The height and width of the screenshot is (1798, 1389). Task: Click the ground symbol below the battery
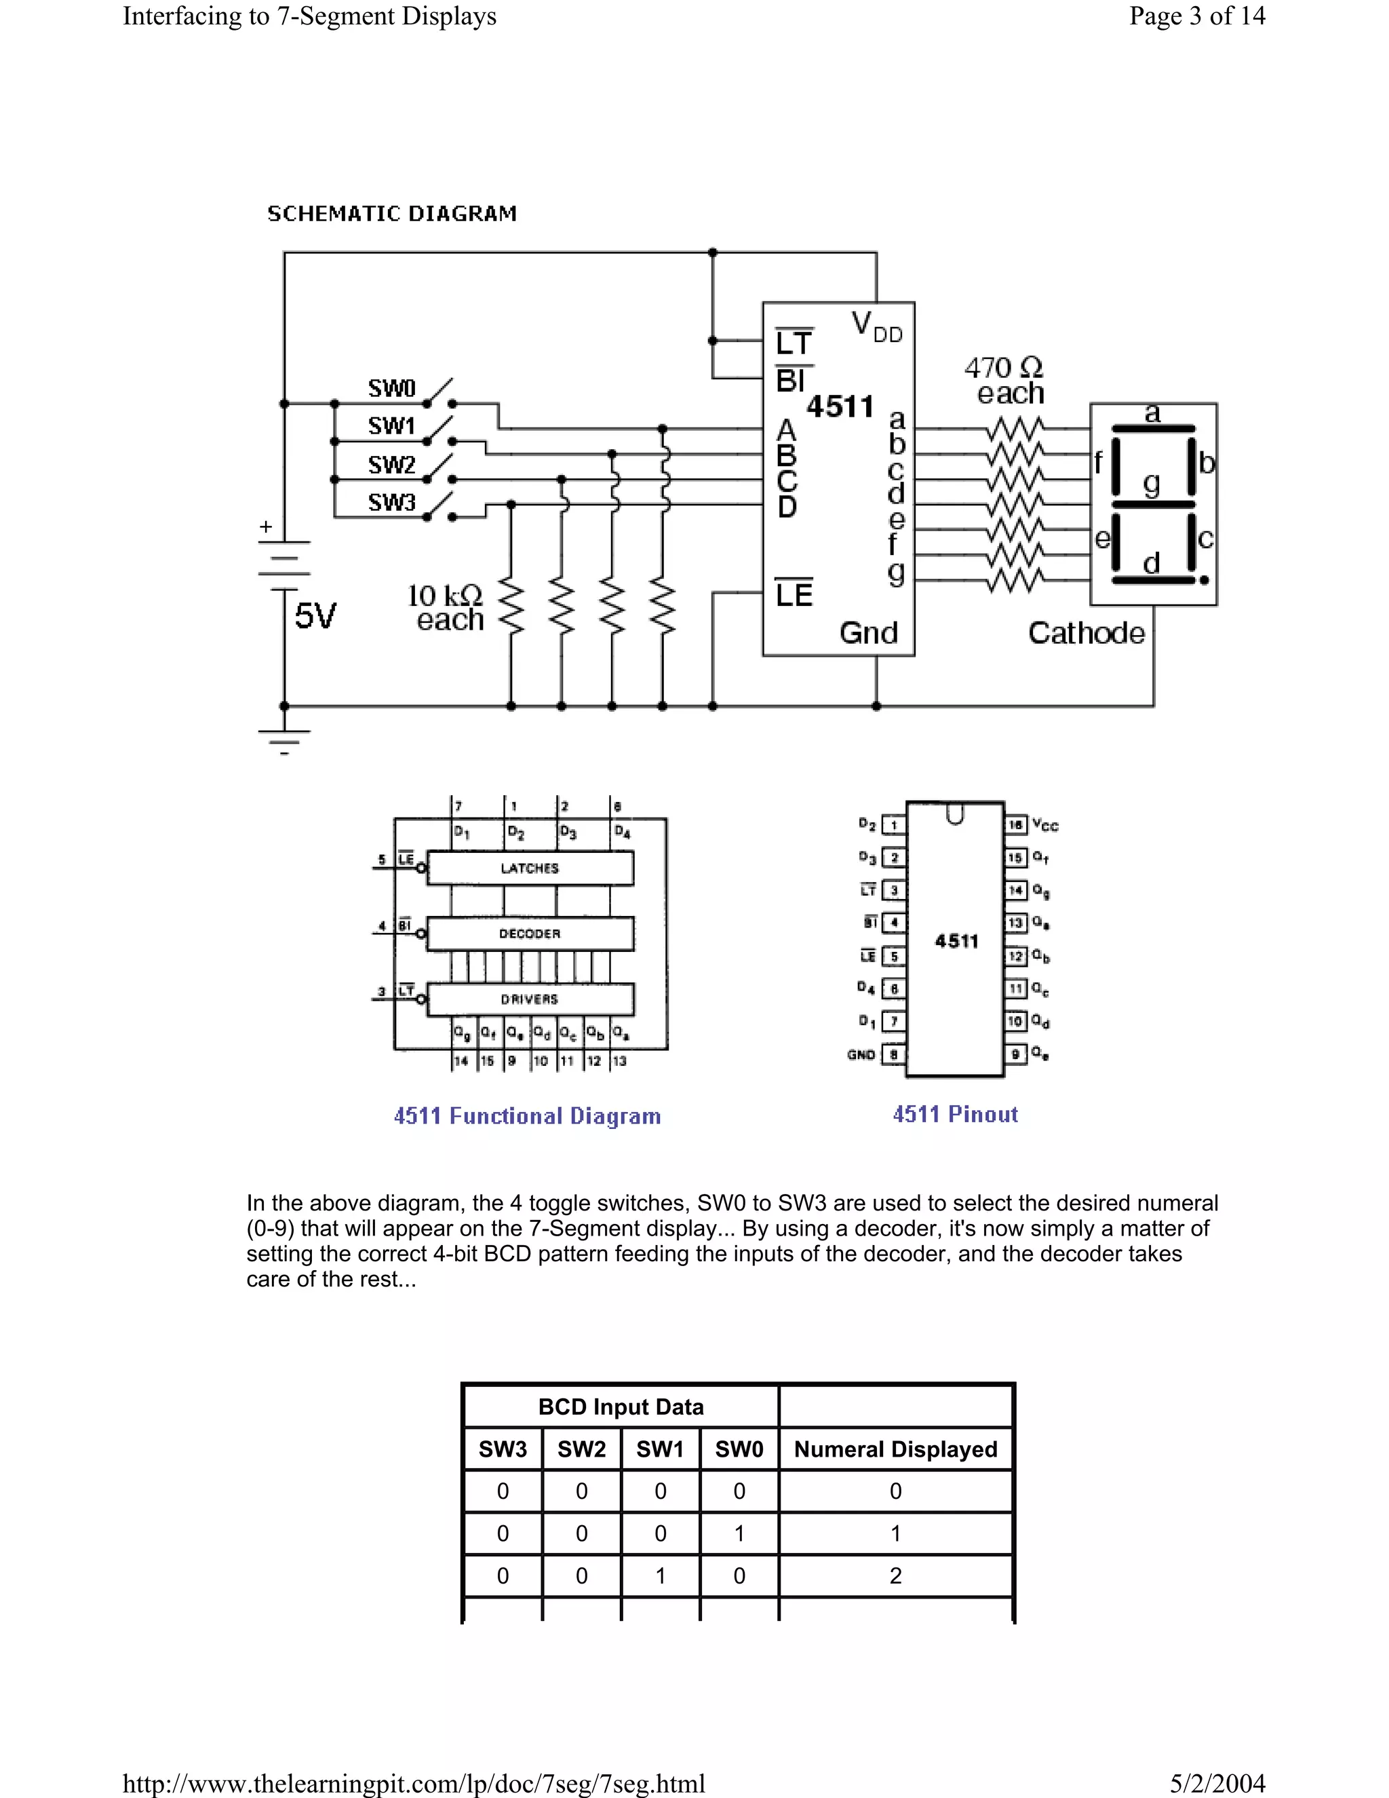[x=284, y=740]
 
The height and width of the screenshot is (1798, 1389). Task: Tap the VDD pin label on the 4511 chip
[x=876, y=327]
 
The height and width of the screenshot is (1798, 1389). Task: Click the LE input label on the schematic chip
[x=794, y=594]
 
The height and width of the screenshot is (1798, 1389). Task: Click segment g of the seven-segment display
[x=1152, y=504]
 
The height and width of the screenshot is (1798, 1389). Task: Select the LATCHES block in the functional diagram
[x=530, y=868]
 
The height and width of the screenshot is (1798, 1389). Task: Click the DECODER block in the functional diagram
[x=530, y=934]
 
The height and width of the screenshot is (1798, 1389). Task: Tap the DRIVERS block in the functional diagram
[x=530, y=999]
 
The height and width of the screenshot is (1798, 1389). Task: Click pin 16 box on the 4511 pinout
[x=1015, y=824]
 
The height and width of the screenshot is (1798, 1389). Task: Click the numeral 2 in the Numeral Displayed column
[x=895, y=1575]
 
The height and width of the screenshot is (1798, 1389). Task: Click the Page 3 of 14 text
[x=1196, y=16]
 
